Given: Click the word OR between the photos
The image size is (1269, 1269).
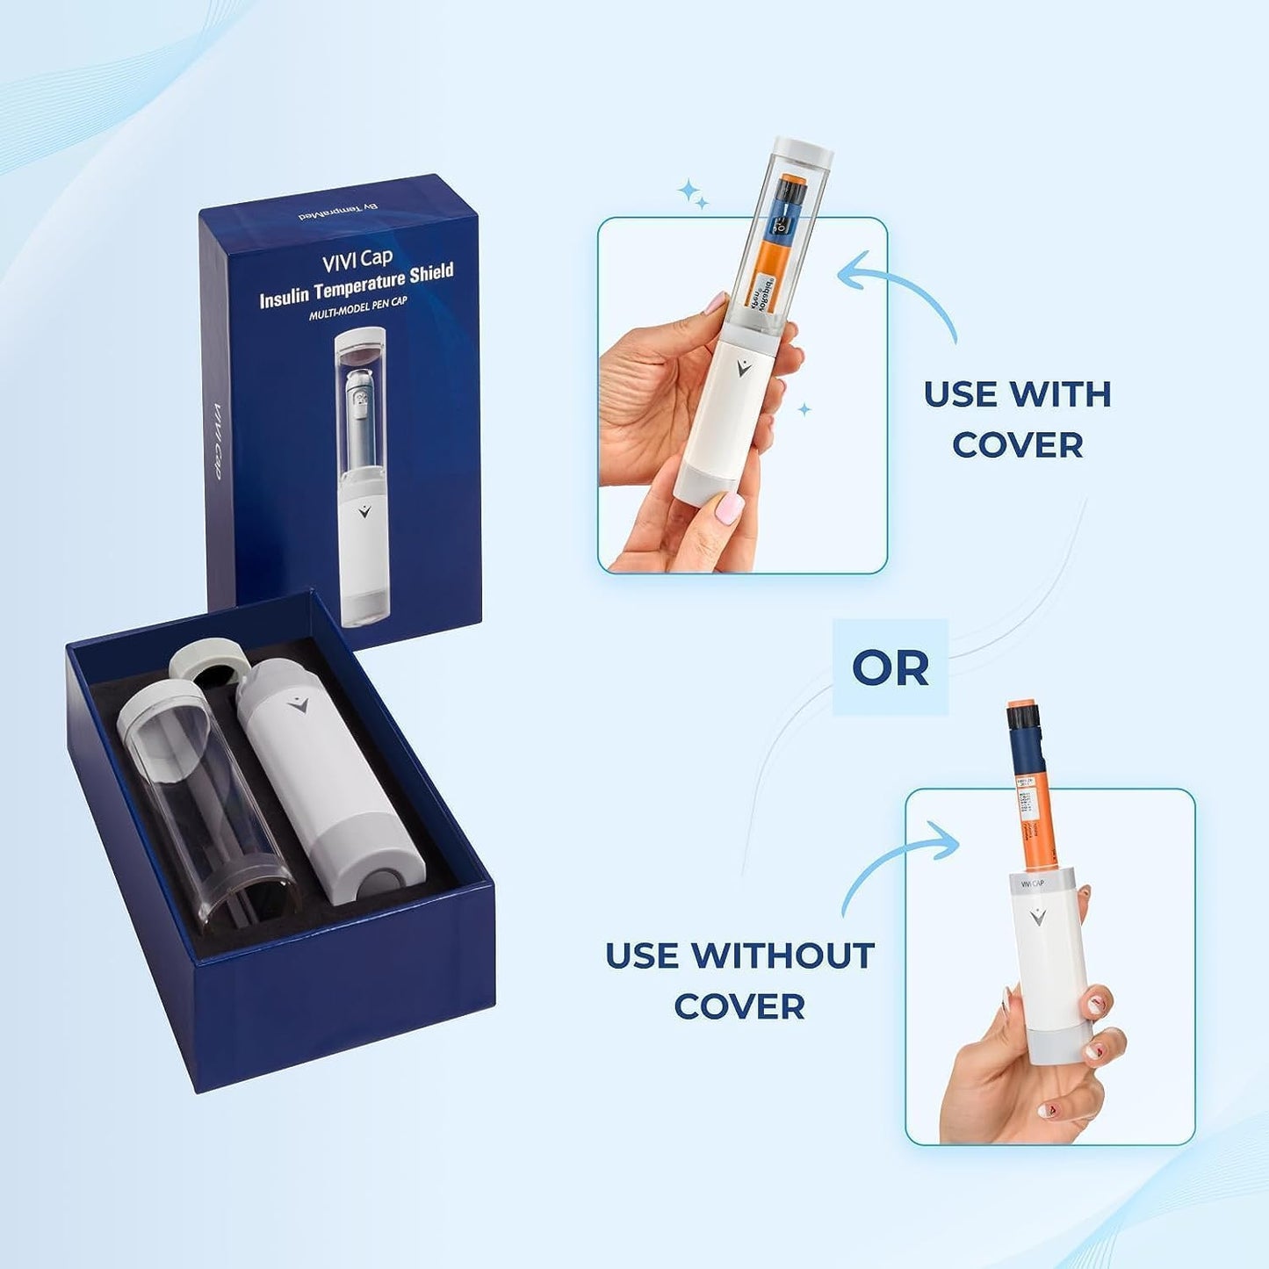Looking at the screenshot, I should point(890,668).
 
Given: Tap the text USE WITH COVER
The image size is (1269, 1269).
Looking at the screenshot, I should point(1017,420).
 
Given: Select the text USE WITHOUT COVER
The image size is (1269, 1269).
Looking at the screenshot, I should point(739,980).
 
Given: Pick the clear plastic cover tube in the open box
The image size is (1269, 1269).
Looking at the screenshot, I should point(206,804).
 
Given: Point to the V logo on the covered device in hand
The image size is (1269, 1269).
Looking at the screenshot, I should point(744,368).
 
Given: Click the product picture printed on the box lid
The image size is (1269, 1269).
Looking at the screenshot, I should point(363,474).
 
